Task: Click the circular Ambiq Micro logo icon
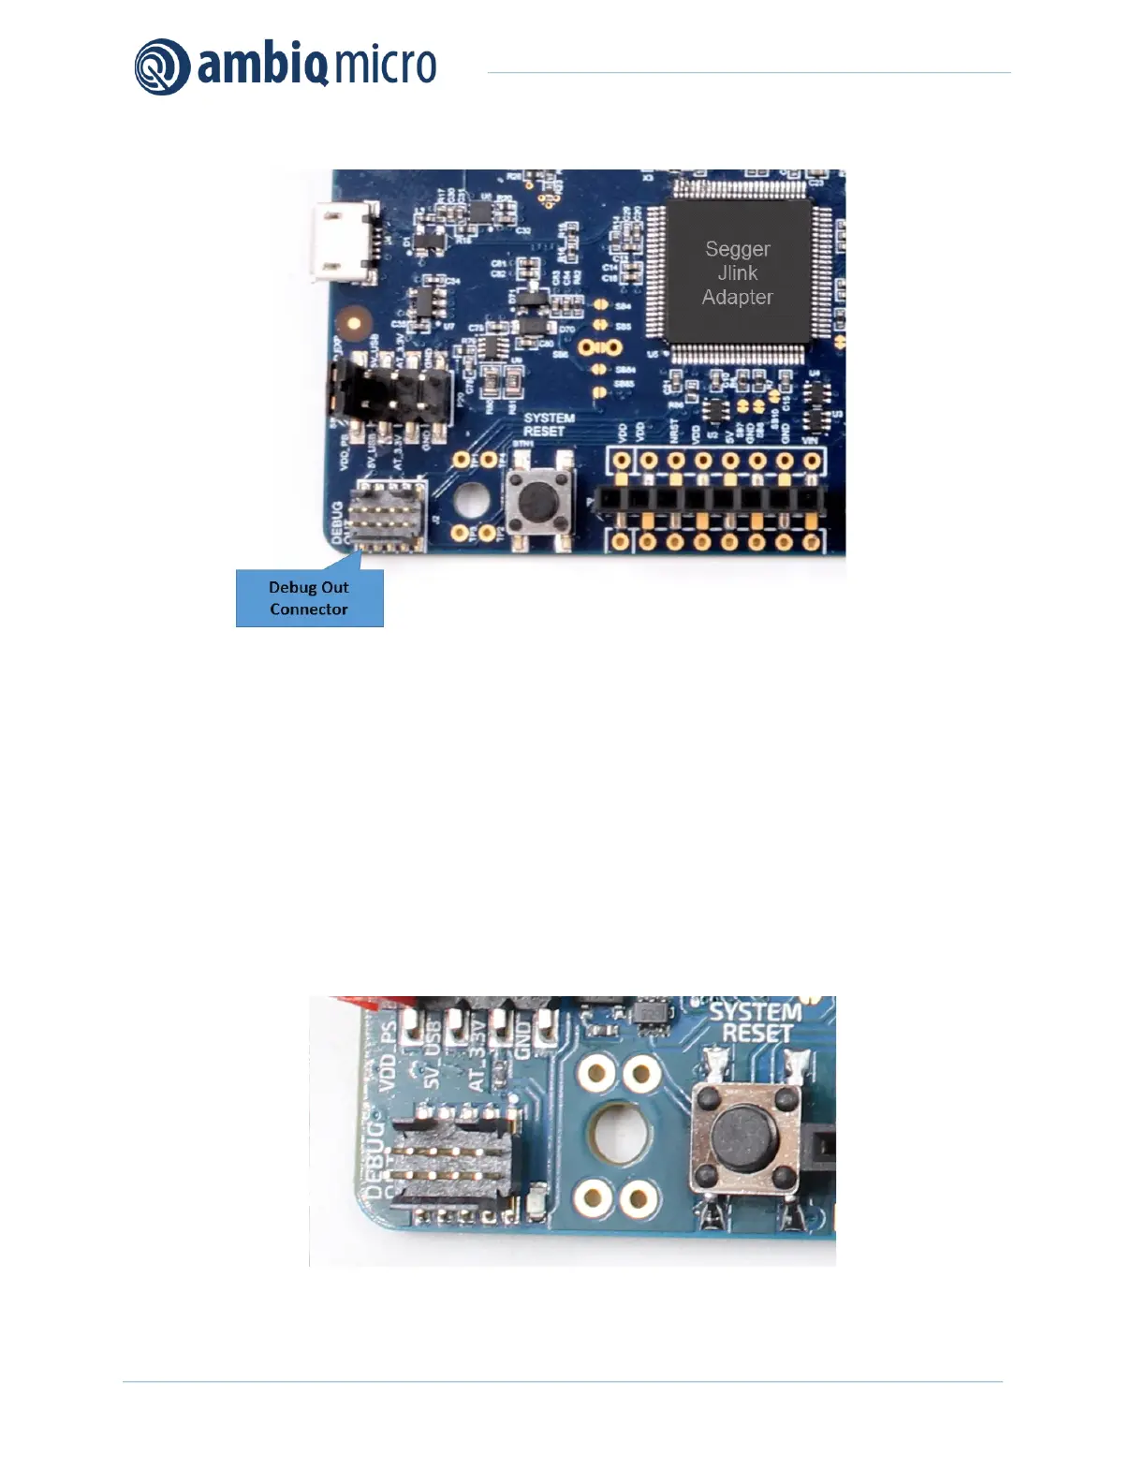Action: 163,67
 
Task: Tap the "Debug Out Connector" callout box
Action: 309,598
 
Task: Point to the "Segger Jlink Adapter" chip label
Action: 738,273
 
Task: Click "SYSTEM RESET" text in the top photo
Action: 548,425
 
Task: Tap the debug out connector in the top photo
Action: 387,516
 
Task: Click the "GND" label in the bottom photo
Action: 522,1039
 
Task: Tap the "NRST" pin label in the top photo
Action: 675,431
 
